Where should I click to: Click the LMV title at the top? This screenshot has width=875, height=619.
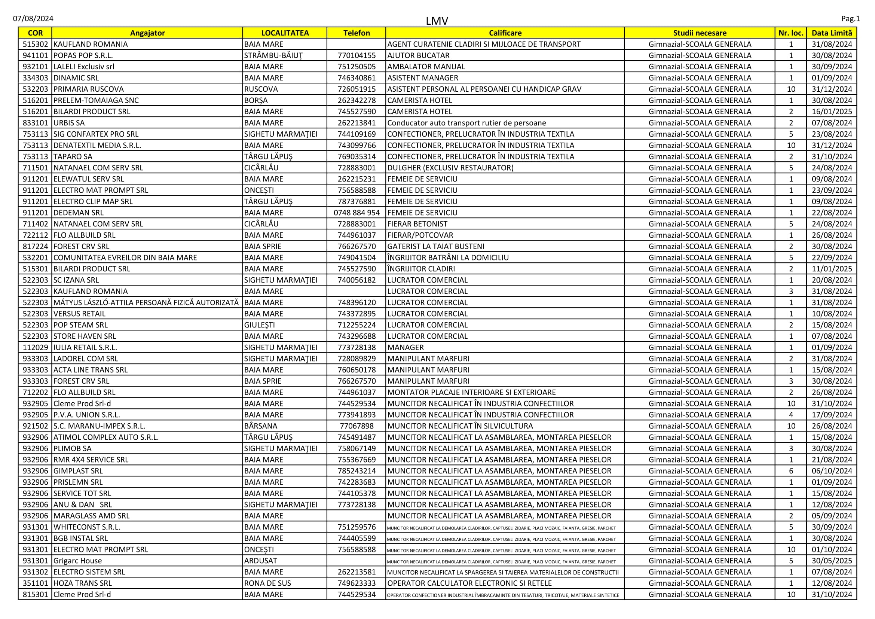click(x=437, y=21)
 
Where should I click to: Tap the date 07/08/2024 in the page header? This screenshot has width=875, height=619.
click(x=33, y=19)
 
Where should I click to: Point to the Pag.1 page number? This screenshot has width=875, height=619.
click(x=850, y=19)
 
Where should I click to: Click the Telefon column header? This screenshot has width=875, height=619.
click(x=357, y=33)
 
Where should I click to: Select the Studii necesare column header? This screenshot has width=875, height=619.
click(x=700, y=33)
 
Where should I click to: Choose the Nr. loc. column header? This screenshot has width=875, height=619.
click(x=791, y=33)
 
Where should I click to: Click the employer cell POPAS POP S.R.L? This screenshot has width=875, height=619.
click(x=83, y=56)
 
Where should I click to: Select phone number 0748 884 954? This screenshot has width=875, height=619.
click(x=357, y=213)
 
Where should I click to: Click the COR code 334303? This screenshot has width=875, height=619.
click(x=36, y=78)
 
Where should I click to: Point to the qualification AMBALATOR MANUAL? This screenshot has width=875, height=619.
click(x=426, y=67)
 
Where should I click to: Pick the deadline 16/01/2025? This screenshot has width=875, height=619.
click(x=832, y=112)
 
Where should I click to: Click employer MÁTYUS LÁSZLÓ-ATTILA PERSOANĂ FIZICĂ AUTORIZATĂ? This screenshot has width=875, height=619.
click(x=146, y=303)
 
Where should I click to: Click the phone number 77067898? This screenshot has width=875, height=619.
click(x=357, y=426)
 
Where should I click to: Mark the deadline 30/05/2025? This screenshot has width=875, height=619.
click(x=832, y=561)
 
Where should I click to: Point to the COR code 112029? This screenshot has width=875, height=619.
click(x=36, y=348)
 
